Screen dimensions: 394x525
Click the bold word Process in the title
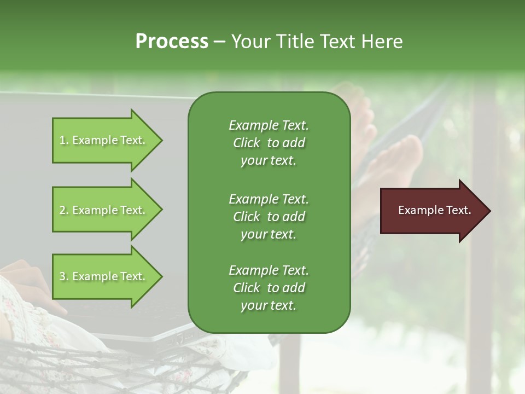pos(172,42)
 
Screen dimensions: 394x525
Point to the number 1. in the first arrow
pos(64,140)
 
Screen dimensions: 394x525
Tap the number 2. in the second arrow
pos(64,210)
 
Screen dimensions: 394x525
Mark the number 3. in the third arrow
pos(64,276)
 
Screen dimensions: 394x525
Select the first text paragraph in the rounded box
pos(269,143)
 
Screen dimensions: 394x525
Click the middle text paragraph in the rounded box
pos(269,217)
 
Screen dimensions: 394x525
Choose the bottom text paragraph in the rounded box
pos(269,288)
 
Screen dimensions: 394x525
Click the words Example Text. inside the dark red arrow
pos(435,211)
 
